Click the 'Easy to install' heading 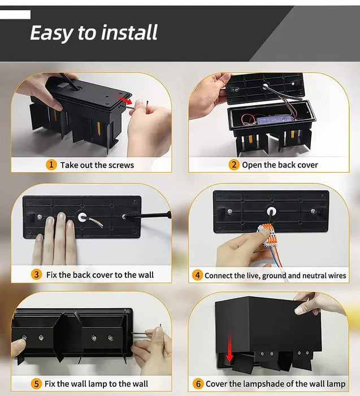click(94, 33)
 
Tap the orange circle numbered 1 click(51, 165)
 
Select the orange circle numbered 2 click(234, 165)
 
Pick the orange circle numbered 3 click(36, 274)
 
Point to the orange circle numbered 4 click(197, 276)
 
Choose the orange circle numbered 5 click(36, 384)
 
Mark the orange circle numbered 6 click(198, 384)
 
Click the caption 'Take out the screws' click(97, 165)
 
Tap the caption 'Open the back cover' click(280, 165)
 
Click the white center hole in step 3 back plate click(81, 217)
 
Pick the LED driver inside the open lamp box click(274, 120)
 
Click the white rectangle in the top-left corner click(15, 15)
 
